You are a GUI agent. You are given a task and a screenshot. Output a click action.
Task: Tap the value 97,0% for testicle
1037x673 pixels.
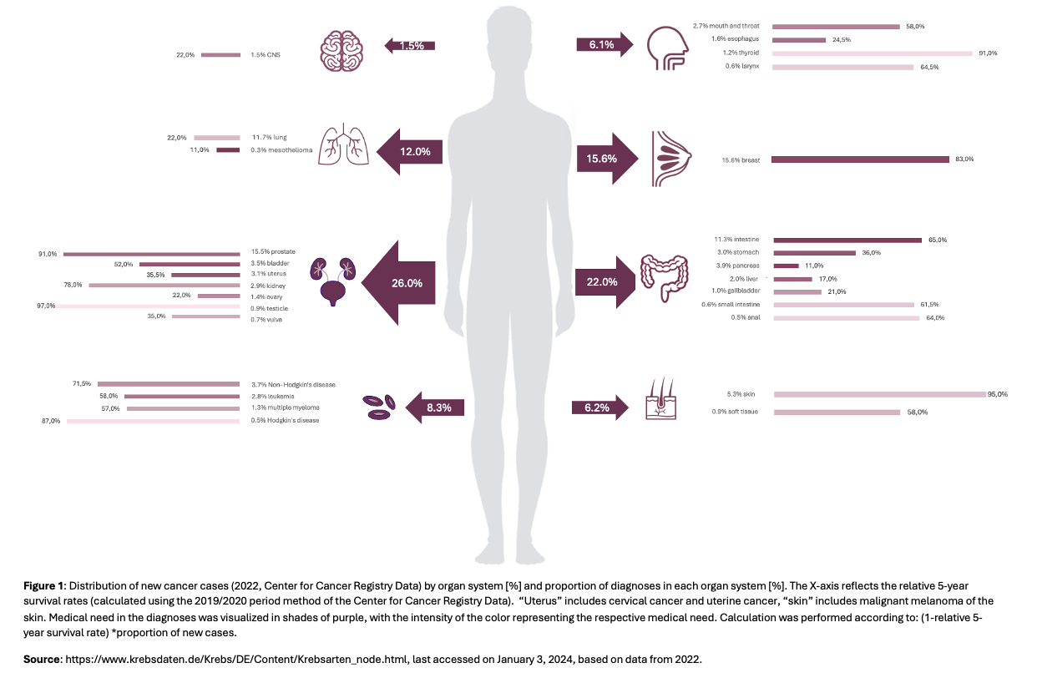[x=46, y=306]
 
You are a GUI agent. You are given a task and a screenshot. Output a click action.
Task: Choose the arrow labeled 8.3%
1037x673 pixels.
[x=433, y=407]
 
